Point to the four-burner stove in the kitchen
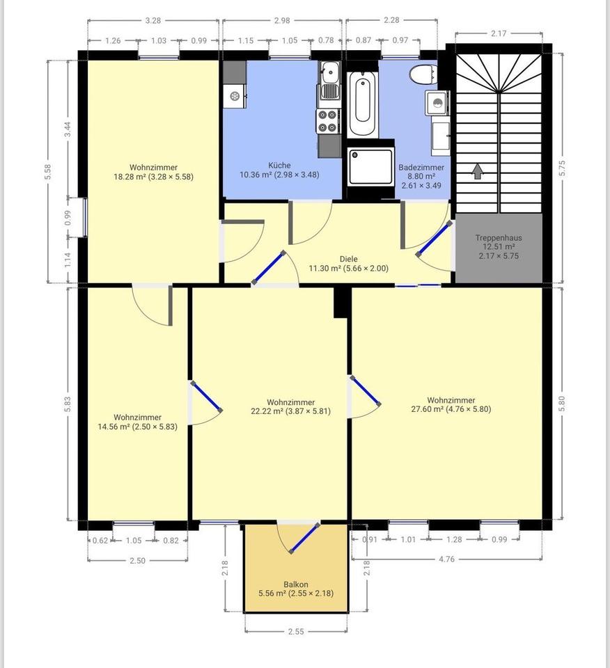click(328, 122)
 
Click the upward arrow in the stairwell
click(478, 171)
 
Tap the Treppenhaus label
click(498, 237)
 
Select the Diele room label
click(348, 259)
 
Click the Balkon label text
click(295, 585)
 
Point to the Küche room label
click(279, 166)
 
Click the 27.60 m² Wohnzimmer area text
click(451, 410)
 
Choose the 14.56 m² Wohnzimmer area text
click(139, 427)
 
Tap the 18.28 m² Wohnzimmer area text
click(153, 177)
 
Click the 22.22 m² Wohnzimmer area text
click(290, 411)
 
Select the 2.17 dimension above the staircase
click(499, 32)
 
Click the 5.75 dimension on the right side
click(563, 168)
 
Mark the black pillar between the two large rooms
click(341, 302)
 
